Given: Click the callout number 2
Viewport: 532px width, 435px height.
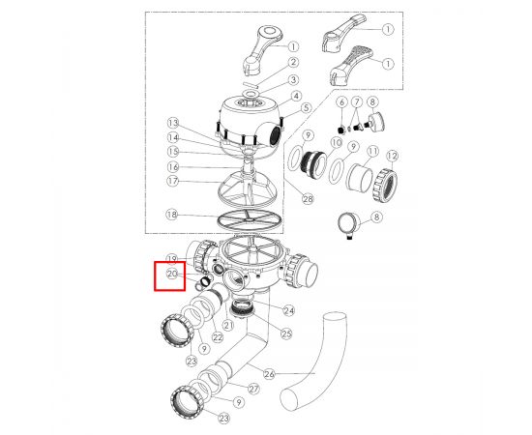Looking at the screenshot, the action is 293,63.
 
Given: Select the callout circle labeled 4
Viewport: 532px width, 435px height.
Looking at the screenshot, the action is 296,96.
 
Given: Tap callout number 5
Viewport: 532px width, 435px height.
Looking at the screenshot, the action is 306,108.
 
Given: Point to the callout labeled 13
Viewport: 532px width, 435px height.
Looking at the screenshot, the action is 173,123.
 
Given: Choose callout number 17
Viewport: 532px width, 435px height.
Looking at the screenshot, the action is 173,181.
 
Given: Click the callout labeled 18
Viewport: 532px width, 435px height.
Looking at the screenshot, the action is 172,215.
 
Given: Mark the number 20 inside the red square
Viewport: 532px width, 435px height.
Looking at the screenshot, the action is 172,274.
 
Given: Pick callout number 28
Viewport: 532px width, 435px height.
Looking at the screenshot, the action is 308,199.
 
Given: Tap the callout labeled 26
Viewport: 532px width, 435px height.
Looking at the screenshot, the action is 269,374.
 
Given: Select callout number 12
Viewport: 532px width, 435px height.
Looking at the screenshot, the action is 392,156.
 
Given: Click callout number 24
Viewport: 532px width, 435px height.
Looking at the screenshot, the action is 289,310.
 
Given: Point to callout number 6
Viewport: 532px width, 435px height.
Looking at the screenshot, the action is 341,101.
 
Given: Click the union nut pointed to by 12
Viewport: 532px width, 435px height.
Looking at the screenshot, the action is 384,186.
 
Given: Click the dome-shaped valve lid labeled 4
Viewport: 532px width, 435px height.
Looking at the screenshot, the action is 251,126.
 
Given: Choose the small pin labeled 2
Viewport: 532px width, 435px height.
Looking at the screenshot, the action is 251,84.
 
